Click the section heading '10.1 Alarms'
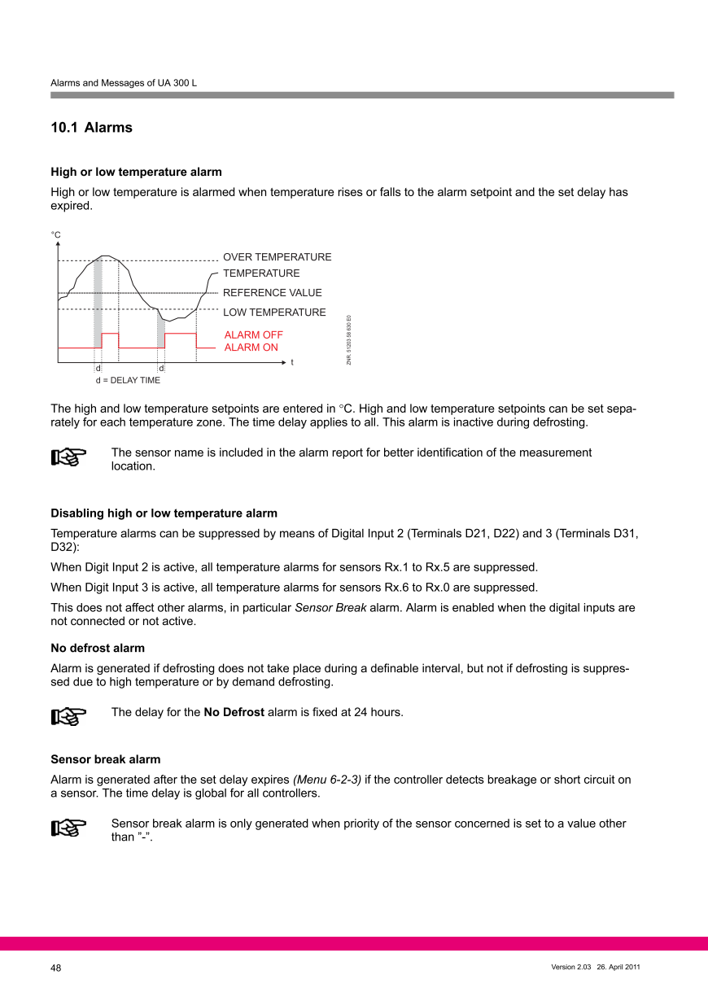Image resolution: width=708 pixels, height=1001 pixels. coord(91,128)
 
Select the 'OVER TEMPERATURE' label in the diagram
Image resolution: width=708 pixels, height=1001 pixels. coord(277,257)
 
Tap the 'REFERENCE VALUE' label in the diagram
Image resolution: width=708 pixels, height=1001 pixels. coord(272,293)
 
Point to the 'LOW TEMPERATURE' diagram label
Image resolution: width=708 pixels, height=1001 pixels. coord(274,313)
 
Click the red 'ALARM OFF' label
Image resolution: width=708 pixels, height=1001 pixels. coord(253,335)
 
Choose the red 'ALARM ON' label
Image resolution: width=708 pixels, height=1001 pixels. coord(251,348)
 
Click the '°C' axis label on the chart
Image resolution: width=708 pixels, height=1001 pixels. coord(55,234)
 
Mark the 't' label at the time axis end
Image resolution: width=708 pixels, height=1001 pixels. coord(292,361)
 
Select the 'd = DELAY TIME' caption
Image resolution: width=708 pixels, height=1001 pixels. coord(128,380)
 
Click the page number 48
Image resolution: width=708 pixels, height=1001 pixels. coord(56,968)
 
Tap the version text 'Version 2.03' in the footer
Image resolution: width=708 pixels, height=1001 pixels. coord(570,967)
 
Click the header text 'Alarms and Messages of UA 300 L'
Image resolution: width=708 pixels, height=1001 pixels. coord(124,83)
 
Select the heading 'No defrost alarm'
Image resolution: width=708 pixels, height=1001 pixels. coord(98,648)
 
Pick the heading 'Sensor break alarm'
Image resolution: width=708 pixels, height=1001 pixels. coord(106,759)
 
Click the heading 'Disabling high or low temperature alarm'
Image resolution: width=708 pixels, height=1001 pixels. coord(164,514)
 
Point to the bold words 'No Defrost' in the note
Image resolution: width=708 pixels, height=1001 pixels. coord(234,712)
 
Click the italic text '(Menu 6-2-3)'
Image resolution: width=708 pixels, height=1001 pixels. coord(326,780)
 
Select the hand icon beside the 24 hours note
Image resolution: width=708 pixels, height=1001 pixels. coord(68,715)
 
